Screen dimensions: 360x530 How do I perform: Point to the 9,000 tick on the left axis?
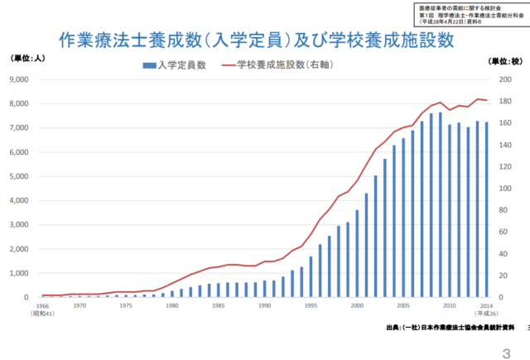(17, 80)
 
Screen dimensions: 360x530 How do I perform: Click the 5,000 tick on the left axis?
(17, 176)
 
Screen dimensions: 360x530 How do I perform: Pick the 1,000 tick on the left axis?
(17, 273)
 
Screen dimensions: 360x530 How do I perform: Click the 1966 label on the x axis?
(41, 305)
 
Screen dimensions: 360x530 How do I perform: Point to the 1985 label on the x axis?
(218, 305)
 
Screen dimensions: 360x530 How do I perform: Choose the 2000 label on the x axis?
(357, 305)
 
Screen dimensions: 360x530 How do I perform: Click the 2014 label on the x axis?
(486, 305)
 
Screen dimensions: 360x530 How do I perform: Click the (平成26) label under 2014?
(486, 314)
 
